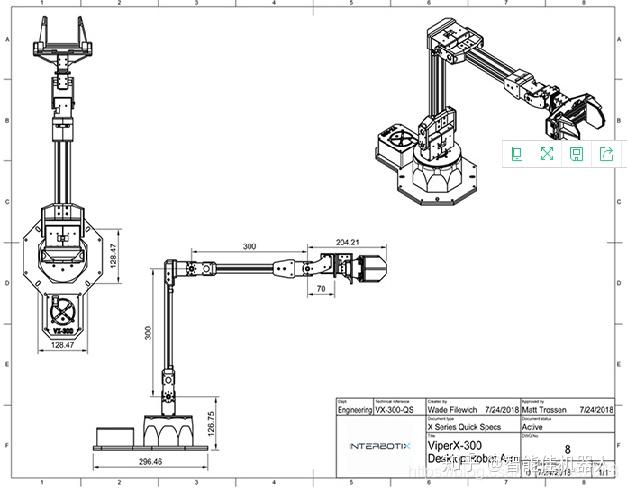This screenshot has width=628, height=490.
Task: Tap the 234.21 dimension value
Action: (335, 242)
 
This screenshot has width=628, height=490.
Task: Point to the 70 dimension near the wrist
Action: (320, 288)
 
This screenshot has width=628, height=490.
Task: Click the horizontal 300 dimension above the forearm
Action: (248, 246)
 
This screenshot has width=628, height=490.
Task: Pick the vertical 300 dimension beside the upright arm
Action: (148, 333)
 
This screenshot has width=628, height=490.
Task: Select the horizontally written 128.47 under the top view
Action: (62, 344)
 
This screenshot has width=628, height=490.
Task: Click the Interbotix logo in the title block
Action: (378, 446)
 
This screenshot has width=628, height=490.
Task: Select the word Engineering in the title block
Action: (353, 409)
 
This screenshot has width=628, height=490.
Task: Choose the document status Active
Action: (535, 426)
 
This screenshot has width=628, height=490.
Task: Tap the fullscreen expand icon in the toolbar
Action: (547, 153)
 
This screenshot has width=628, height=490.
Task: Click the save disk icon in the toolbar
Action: (577, 153)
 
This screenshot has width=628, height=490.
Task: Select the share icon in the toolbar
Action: (606, 153)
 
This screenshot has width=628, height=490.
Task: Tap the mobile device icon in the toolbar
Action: (517, 153)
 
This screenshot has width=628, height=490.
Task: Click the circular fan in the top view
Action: (62, 309)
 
